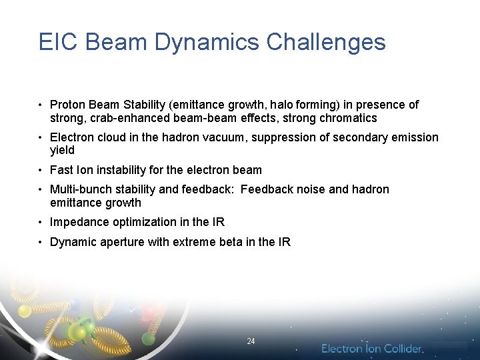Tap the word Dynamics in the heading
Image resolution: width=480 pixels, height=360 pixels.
207,42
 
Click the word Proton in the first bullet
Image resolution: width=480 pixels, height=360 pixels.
67,105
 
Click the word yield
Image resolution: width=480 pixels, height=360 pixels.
62,151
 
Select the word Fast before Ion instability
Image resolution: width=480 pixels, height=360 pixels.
62,170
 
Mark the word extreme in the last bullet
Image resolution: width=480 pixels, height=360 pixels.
194,242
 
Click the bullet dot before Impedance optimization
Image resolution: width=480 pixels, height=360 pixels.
41,223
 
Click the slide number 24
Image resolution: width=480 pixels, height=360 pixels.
251,341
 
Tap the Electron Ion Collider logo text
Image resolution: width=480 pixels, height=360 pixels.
372,349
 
